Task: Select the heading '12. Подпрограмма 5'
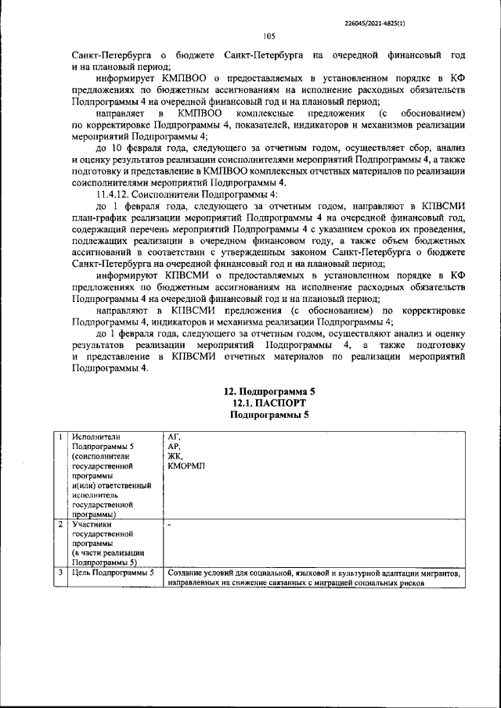[269, 390]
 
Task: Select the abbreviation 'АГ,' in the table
[174, 436]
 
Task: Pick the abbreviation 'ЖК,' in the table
[175, 456]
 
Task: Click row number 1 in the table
[59, 436]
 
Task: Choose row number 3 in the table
[59, 573]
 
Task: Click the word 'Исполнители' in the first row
[98, 436]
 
